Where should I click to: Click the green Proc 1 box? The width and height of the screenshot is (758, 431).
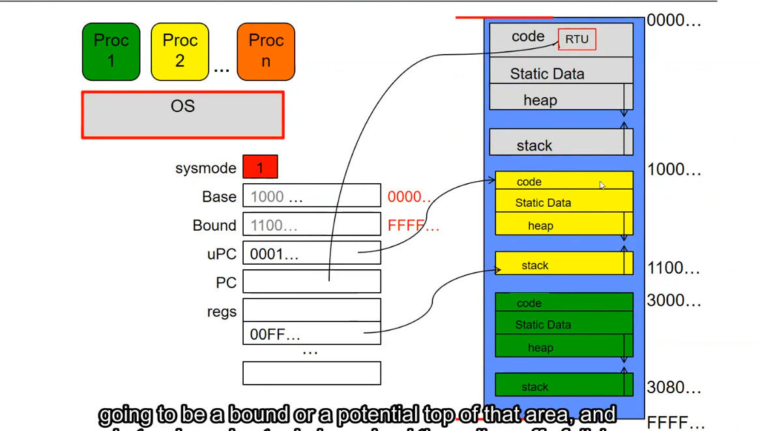111,52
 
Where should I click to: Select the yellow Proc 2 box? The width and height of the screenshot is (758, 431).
180,52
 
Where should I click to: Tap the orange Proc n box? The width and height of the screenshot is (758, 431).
266,52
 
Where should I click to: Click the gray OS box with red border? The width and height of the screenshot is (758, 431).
182,115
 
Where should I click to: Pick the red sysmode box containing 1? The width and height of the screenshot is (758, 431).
260,167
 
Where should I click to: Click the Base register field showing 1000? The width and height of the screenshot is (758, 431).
312,196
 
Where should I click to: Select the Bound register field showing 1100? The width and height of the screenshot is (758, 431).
312,225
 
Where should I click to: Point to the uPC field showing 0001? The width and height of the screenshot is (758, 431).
312,254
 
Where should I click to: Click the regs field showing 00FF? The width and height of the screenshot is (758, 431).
312,334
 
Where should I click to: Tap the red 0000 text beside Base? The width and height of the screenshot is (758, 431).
409,197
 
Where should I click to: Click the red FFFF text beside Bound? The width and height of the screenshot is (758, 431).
413,226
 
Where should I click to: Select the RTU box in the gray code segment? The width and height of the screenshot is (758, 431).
577,39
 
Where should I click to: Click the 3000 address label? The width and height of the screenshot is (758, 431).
673,301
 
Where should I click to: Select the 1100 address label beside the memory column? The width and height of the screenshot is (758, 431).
673,268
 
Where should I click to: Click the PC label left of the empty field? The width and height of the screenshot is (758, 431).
226,283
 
